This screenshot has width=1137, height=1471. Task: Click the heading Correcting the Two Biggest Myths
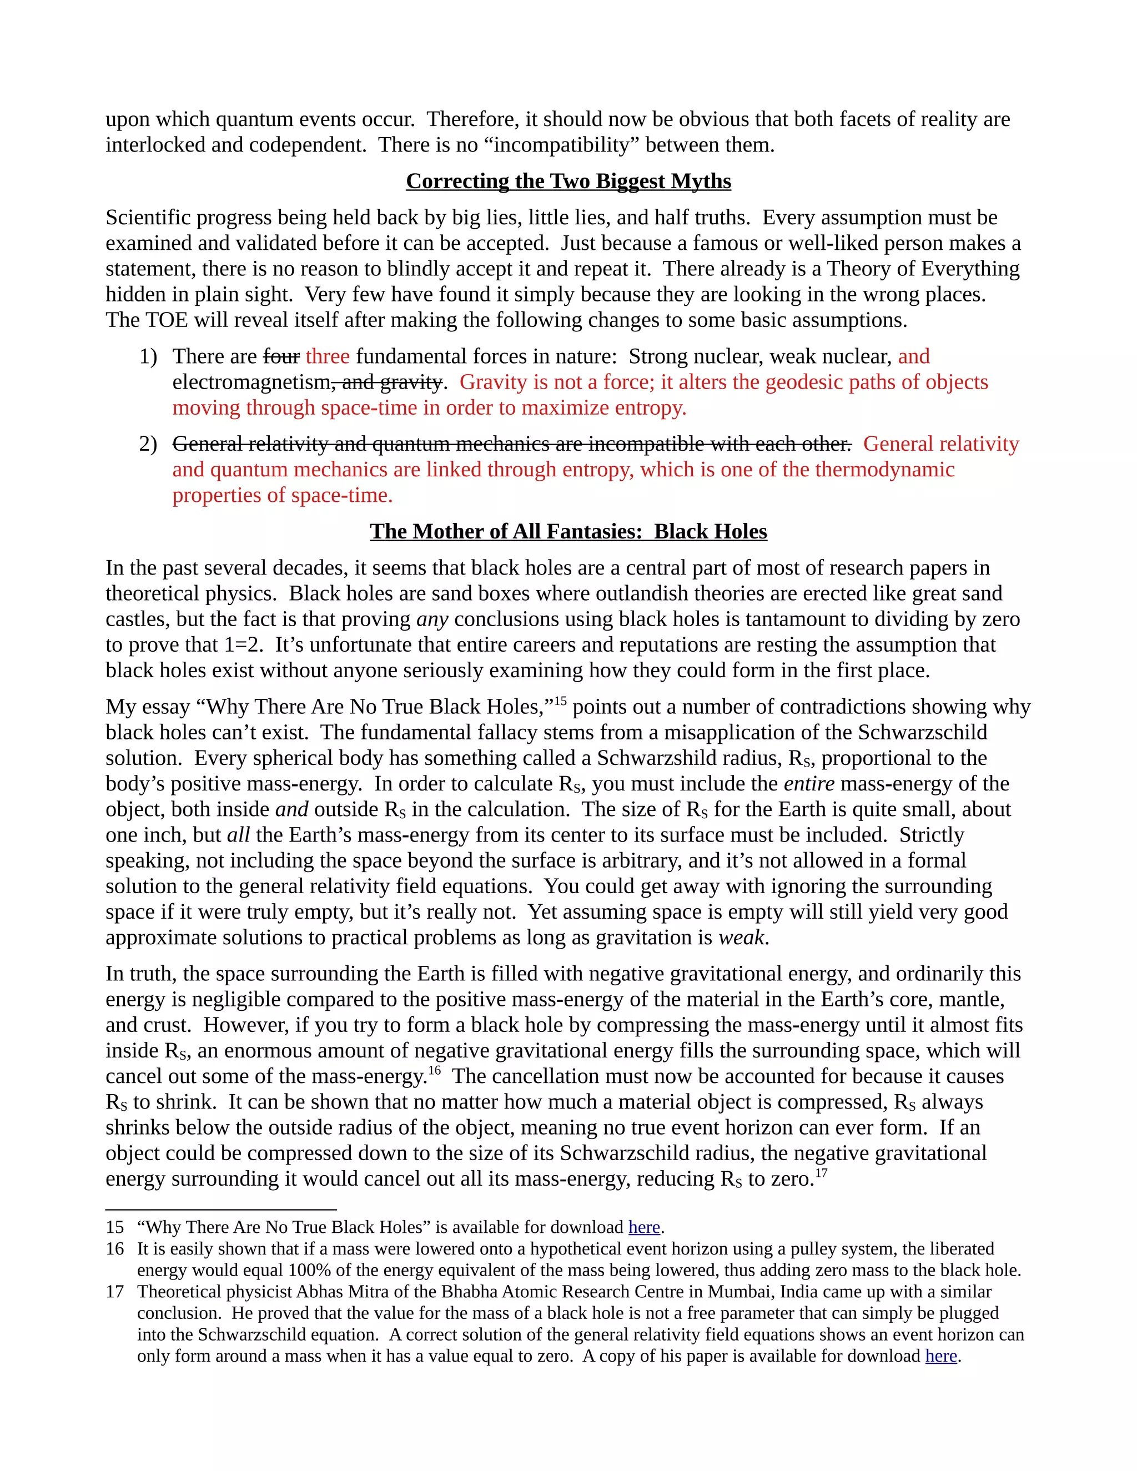(x=568, y=181)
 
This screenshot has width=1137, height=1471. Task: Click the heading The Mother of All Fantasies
(x=568, y=531)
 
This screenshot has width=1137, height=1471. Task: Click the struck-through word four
(x=281, y=356)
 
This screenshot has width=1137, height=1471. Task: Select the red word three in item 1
(x=328, y=356)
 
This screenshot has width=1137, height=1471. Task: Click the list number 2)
(x=148, y=444)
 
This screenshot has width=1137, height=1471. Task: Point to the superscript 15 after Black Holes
(x=560, y=701)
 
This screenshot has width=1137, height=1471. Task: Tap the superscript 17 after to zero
(x=821, y=1172)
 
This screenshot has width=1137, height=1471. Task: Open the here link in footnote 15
(x=644, y=1227)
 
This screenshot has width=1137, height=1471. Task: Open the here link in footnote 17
(x=941, y=1356)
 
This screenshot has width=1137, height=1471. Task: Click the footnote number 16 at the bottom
(x=115, y=1249)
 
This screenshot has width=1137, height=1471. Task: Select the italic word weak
(x=742, y=938)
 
